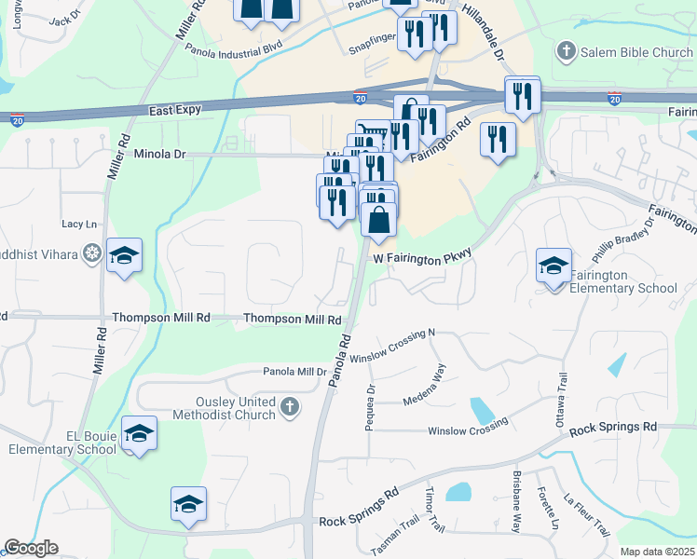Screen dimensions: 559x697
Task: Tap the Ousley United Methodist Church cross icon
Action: coord(290,406)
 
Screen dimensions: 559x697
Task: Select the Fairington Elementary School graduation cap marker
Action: coord(554,266)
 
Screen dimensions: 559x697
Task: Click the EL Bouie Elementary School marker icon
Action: coord(140,434)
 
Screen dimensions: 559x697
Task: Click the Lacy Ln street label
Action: coord(79,225)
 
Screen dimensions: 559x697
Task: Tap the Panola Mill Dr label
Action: coord(294,371)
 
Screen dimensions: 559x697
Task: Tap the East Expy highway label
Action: coord(175,110)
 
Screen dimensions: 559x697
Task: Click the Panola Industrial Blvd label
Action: coord(233,47)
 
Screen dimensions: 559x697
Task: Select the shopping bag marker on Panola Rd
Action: coord(379,222)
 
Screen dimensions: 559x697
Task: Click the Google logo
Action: coord(31,548)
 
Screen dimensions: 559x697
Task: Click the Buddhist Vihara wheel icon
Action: coord(91,253)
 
